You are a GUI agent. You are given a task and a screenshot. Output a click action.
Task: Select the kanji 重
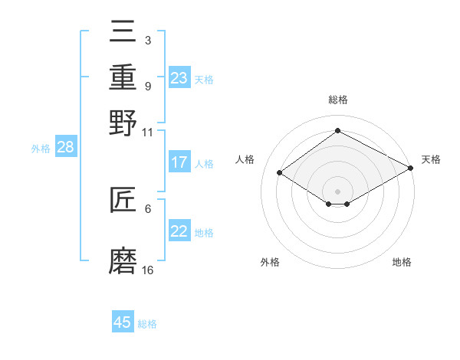click(x=123, y=77)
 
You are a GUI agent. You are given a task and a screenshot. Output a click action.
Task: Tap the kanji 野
click(x=123, y=123)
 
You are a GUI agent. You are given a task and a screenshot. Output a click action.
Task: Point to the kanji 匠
click(x=123, y=201)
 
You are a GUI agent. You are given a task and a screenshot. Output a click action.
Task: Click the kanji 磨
click(x=123, y=260)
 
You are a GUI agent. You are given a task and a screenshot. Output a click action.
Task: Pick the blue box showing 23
click(x=179, y=78)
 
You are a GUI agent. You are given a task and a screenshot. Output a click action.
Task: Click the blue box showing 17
click(x=179, y=162)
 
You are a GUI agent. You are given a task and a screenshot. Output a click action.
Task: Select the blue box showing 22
click(x=179, y=231)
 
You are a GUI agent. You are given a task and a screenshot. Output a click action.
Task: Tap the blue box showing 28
click(x=66, y=148)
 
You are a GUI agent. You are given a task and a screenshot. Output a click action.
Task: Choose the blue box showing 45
click(x=123, y=322)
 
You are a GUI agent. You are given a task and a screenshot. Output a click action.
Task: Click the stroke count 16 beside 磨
click(x=148, y=270)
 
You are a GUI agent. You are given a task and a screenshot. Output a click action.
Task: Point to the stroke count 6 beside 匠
click(x=148, y=208)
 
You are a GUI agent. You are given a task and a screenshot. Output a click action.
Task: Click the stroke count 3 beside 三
click(x=148, y=40)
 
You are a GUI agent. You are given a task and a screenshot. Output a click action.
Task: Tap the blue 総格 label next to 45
click(x=147, y=324)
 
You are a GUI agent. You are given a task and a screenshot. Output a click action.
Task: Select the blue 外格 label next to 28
click(x=41, y=149)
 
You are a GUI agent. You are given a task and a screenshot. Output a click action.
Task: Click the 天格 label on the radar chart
click(x=431, y=159)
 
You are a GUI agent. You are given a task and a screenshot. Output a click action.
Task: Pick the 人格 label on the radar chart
click(x=245, y=159)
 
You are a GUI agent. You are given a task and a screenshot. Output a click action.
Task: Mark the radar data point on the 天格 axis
click(x=411, y=169)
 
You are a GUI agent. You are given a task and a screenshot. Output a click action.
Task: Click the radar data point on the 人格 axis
click(x=280, y=173)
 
